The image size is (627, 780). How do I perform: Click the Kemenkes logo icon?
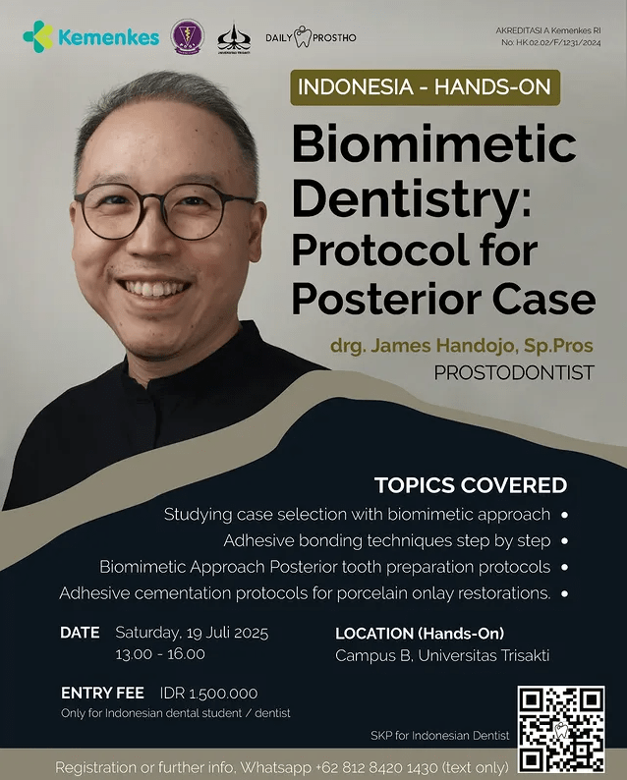click(38, 36)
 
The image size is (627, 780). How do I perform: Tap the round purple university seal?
click(187, 36)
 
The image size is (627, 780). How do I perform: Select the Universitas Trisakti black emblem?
click(234, 37)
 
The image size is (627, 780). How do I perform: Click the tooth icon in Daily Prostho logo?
click(302, 36)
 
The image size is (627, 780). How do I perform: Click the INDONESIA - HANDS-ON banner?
click(425, 87)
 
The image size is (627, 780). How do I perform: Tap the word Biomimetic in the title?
click(434, 143)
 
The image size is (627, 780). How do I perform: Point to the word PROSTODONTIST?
click(514, 372)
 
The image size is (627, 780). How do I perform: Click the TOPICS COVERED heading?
click(471, 485)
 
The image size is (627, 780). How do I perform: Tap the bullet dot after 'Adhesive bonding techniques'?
click(564, 540)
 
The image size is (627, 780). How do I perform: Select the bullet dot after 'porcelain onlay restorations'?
click(564, 593)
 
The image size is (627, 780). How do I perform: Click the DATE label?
click(80, 633)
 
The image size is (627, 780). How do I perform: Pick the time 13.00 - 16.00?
click(160, 654)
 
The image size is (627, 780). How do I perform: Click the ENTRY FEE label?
click(102, 693)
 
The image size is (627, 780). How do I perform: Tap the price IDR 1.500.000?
click(209, 693)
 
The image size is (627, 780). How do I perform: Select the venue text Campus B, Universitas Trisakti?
click(442, 655)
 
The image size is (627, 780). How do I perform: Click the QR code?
click(561, 730)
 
